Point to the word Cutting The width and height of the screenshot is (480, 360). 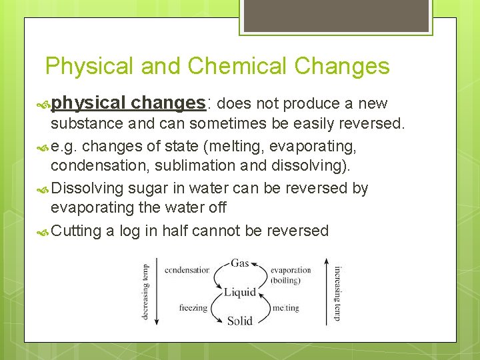(x=76, y=231)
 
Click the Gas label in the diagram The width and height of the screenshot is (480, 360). (x=240, y=263)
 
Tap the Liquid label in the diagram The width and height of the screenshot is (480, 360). (x=240, y=292)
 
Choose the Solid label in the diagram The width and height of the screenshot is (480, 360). (x=240, y=321)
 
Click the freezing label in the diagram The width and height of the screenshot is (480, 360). (x=193, y=308)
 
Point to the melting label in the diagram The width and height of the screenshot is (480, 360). (x=285, y=308)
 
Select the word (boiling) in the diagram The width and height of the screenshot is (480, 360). (x=285, y=280)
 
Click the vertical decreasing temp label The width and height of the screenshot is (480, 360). (x=146, y=292)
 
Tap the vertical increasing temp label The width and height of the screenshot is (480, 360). (x=338, y=292)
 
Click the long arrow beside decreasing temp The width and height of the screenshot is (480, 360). (x=157, y=292)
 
